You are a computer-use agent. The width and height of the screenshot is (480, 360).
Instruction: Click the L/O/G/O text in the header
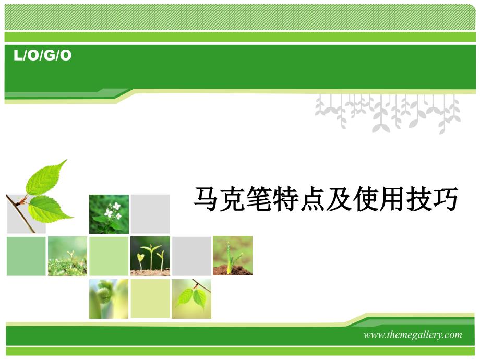[43, 55]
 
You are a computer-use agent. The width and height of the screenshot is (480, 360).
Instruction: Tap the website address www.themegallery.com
[413, 334]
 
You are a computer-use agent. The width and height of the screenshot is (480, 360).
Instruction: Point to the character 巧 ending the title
[445, 199]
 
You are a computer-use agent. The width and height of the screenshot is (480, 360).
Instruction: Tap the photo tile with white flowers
[109, 214]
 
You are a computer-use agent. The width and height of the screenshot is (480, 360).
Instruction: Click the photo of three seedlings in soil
[150, 256]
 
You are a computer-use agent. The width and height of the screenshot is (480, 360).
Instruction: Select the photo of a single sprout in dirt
[233, 256]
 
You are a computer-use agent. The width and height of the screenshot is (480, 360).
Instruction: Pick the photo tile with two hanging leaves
[191, 299]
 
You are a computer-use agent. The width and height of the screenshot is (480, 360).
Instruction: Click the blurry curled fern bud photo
[109, 299]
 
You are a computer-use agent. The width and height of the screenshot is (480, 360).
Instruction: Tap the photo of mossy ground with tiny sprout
[67, 256]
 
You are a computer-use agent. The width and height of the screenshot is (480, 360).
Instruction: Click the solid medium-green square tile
[26, 256]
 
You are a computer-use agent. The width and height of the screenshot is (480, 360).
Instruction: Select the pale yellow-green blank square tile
[150, 298]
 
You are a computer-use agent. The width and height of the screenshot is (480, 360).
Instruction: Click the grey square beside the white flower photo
[150, 214]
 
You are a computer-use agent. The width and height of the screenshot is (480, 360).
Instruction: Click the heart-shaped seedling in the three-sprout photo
[140, 258]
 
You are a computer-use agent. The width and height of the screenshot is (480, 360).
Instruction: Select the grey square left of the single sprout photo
[191, 256]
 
